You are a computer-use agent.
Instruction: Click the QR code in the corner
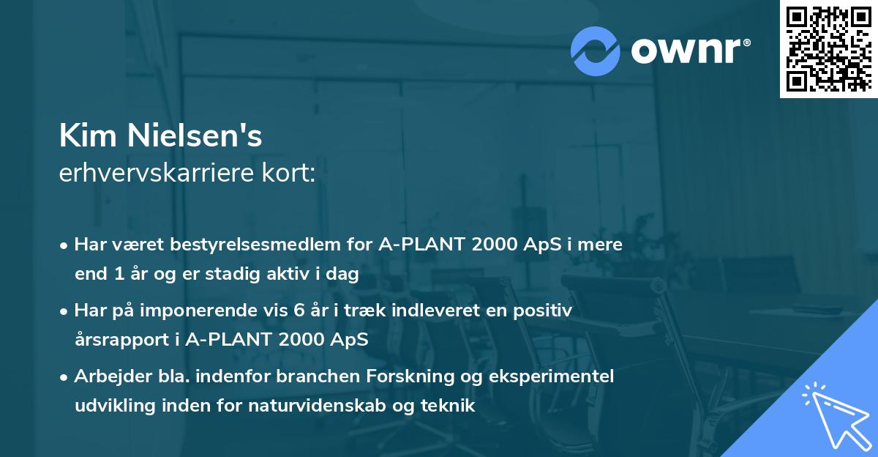pyautogui.click(x=828, y=49)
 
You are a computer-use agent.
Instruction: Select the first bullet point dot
pyautogui.click(x=65, y=245)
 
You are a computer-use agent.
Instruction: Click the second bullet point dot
pyautogui.click(x=65, y=311)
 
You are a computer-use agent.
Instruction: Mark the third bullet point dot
pyautogui.click(x=65, y=377)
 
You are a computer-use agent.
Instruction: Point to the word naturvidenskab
pyautogui.click(x=330, y=406)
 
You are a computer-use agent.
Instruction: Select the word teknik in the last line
pyautogui.click(x=450, y=406)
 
